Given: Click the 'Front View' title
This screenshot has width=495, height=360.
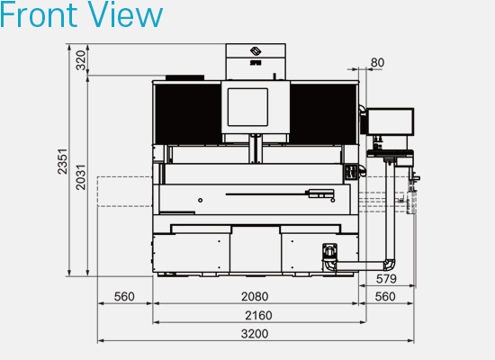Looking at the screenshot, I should tap(82, 15).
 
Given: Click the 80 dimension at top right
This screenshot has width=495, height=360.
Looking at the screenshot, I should tap(377, 62).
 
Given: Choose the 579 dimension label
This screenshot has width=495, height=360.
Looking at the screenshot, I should tap(385, 278).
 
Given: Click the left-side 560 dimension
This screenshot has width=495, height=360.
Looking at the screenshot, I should tap(124, 296).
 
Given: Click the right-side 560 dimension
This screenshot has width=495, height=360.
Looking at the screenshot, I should tap(385, 296).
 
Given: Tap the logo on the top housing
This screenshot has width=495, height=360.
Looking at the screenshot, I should tap(256, 52).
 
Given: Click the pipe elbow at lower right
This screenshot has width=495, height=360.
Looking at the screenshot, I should tap(390, 264).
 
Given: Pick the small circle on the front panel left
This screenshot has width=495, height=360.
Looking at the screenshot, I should tap(201, 198).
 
